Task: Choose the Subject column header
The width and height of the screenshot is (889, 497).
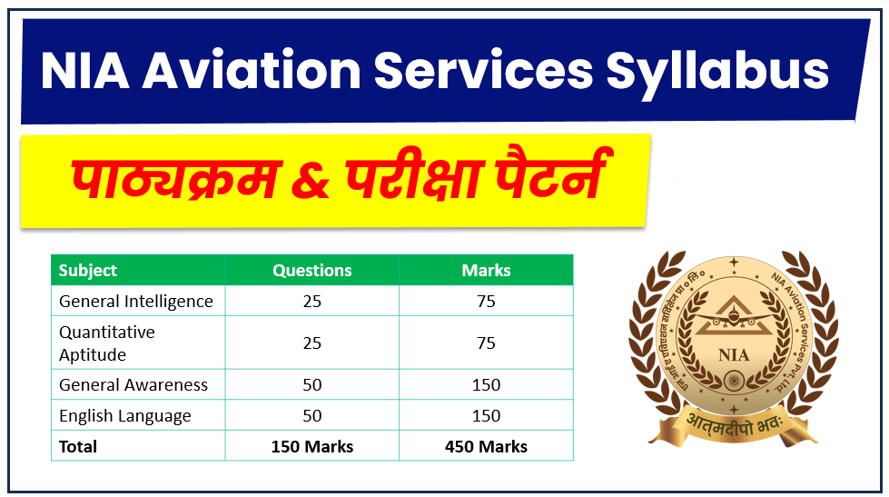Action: click(x=88, y=270)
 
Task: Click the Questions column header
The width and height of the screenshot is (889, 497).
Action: click(x=311, y=270)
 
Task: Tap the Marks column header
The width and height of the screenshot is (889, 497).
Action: click(x=486, y=270)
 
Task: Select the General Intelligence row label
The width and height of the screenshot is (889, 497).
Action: click(x=136, y=301)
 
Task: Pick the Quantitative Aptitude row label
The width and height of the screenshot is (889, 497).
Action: click(x=107, y=343)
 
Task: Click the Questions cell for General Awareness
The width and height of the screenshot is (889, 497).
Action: click(x=311, y=385)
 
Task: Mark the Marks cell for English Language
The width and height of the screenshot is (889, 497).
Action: click(x=486, y=416)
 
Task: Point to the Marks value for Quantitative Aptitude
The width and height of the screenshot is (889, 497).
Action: click(x=486, y=343)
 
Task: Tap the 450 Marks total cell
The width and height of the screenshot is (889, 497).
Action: click(x=486, y=446)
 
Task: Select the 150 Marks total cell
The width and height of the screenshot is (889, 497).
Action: click(x=311, y=446)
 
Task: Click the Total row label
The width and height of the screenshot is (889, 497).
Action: click(x=78, y=446)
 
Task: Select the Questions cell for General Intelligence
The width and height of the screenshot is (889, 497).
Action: click(x=311, y=301)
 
